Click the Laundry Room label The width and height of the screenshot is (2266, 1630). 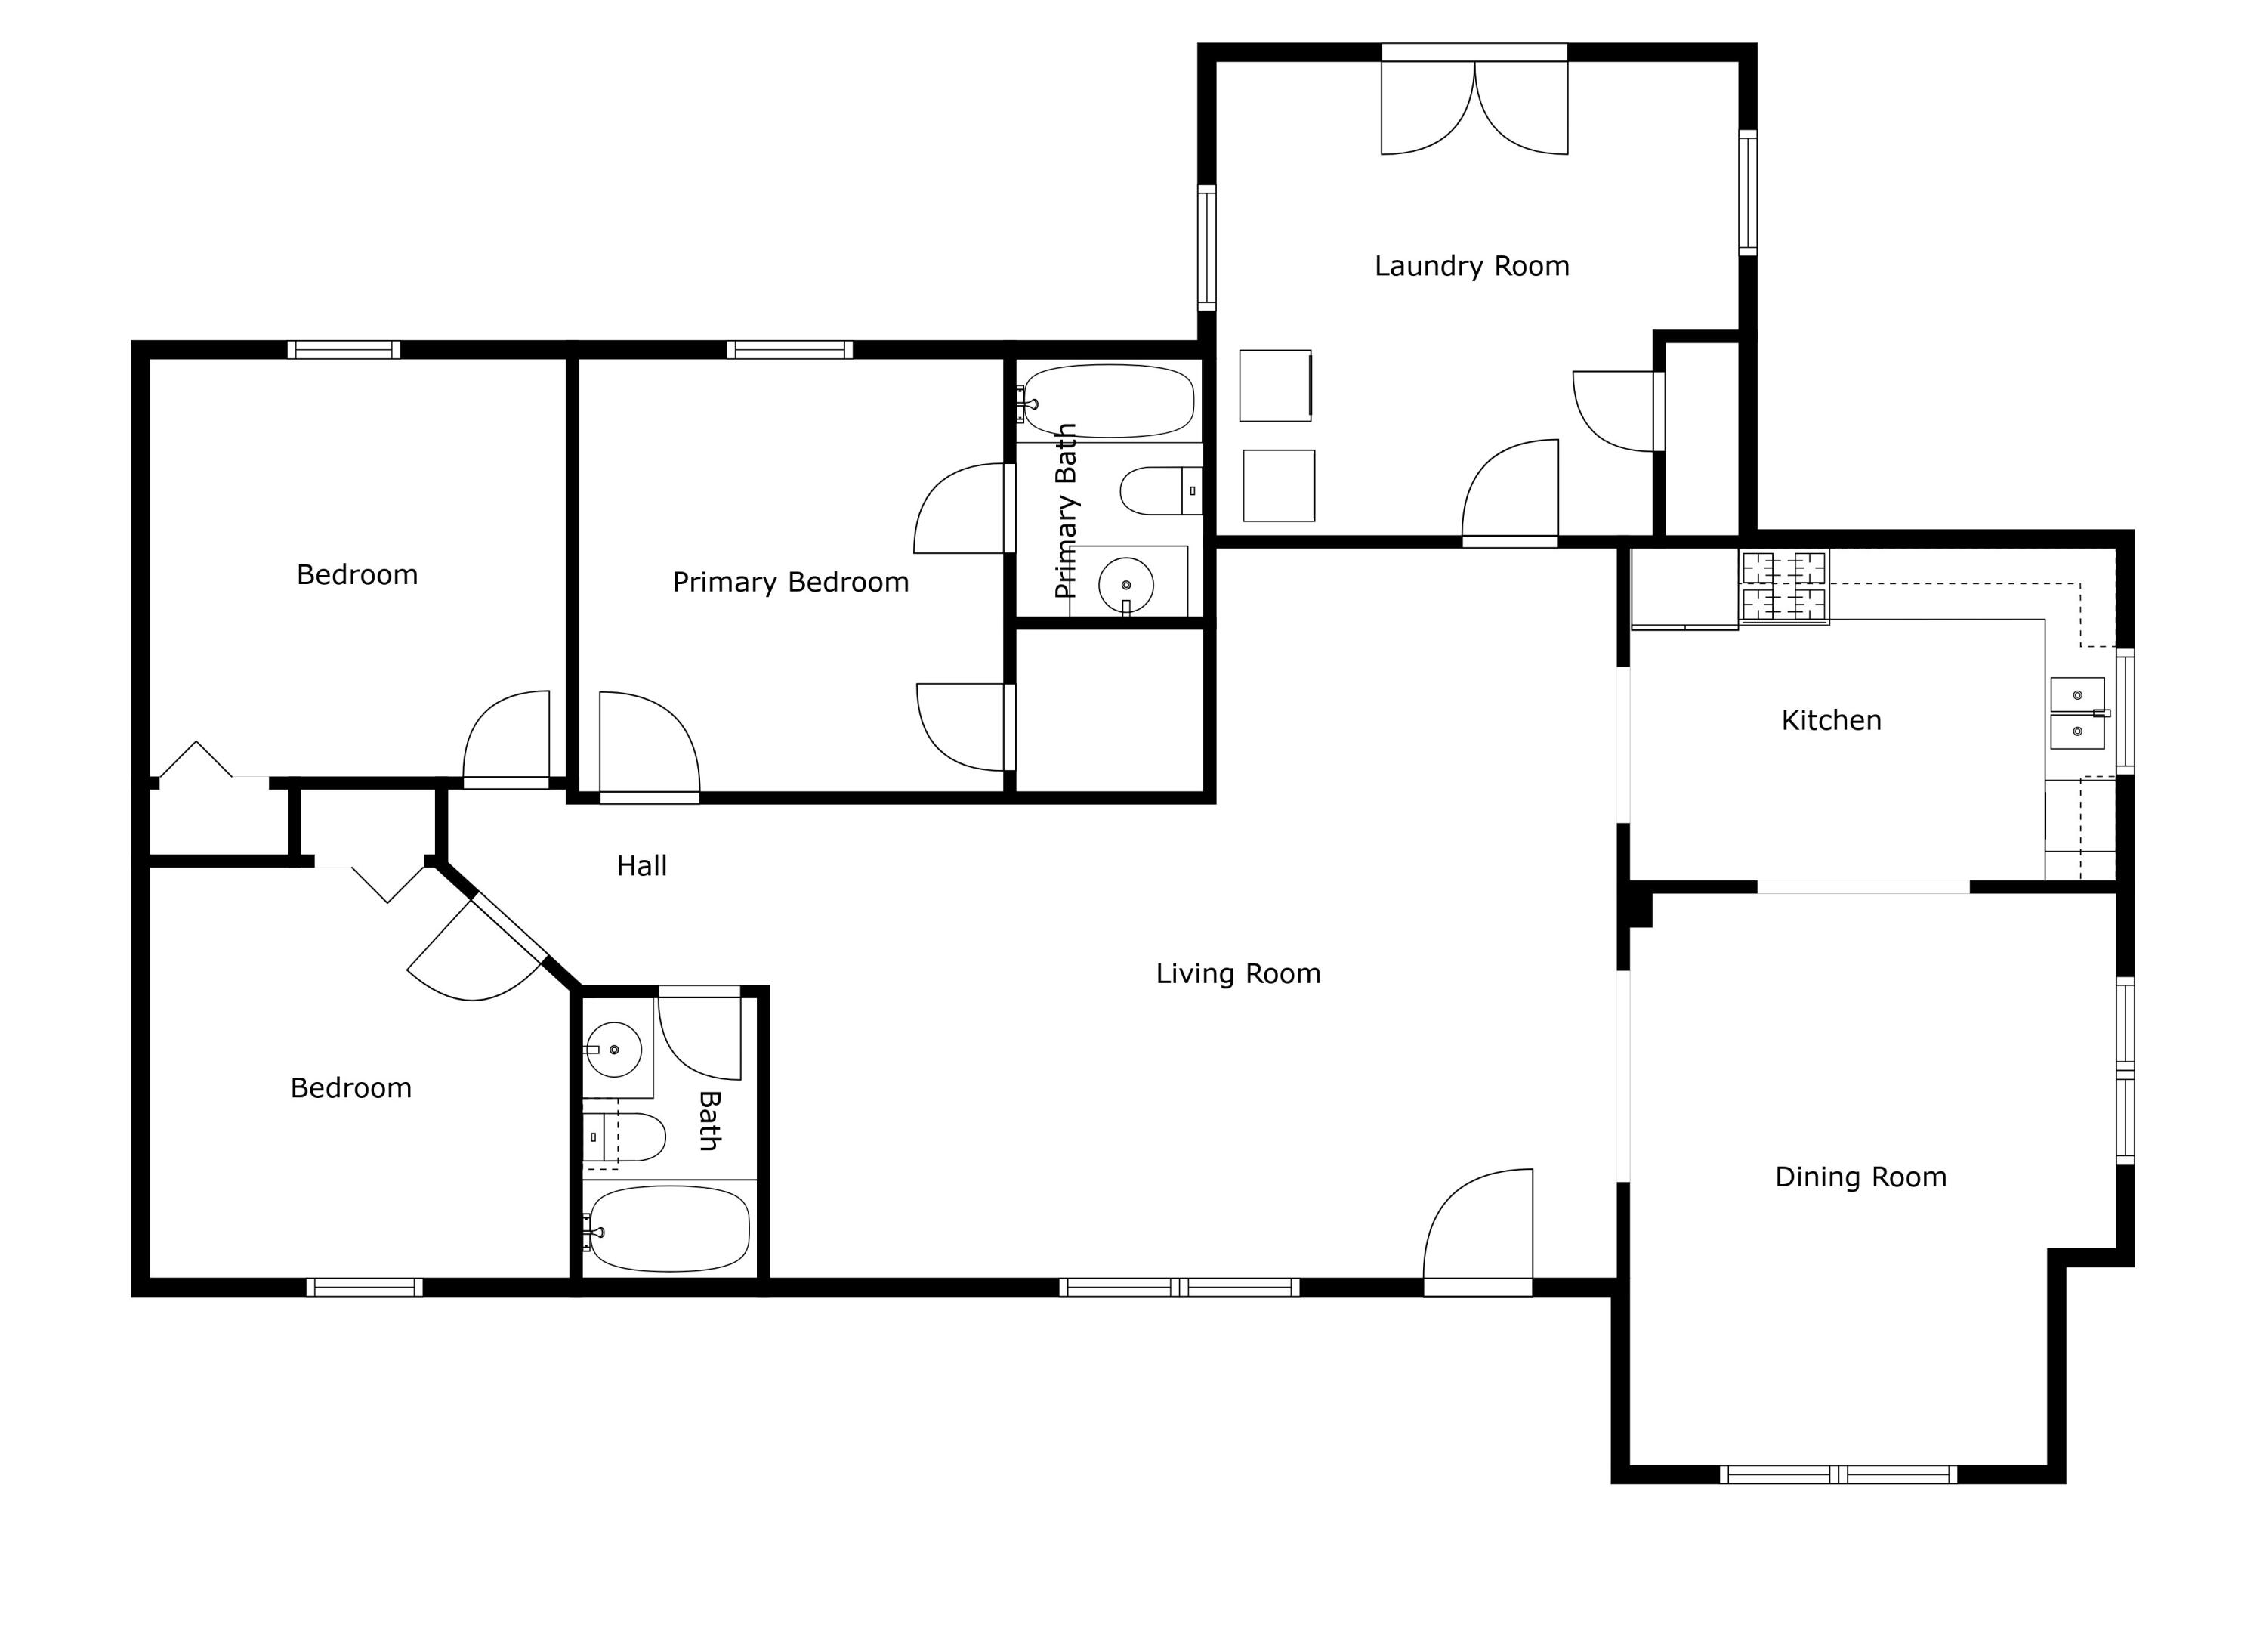click(1471, 267)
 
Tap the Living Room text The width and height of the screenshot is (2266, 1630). click(1238, 973)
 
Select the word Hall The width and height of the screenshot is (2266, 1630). click(641, 865)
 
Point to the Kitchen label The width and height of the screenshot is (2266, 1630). click(1832, 721)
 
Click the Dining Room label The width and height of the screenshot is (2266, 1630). click(1860, 1177)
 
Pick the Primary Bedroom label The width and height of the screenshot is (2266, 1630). click(790, 583)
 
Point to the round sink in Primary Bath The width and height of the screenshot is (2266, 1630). click(1126, 586)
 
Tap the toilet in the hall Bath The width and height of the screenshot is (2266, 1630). click(625, 1137)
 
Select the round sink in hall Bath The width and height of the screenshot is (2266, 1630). click(613, 1050)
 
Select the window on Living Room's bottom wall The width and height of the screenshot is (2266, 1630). click(1179, 1287)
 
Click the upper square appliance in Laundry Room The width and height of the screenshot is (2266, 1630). click(1276, 385)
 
